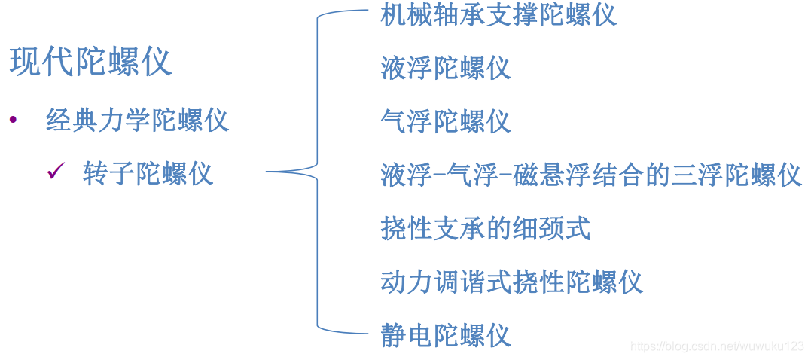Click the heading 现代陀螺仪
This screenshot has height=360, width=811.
pyautogui.click(x=90, y=62)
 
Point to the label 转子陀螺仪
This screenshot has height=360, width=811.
pyautogui.click(x=148, y=174)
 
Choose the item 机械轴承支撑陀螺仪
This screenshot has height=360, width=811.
pyautogui.click(x=498, y=15)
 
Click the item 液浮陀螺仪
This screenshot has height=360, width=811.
pyautogui.click(x=446, y=68)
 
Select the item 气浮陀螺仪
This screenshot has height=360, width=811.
pyautogui.click(x=446, y=121)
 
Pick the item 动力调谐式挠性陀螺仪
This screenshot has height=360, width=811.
pyautogui.click(x=512, y=282)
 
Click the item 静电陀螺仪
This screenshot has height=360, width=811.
pyautogui.click(x=446, y=334)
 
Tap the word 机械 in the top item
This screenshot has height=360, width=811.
pyautogui.click(x=407, y=15)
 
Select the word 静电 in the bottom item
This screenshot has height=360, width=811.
pyautogui.click(x=407, y=334)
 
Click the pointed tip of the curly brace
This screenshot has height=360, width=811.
pyautogui.click(x=269, y=172)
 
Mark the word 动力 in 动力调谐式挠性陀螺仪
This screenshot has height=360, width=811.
pyautogui.click(x=407, y=282)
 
